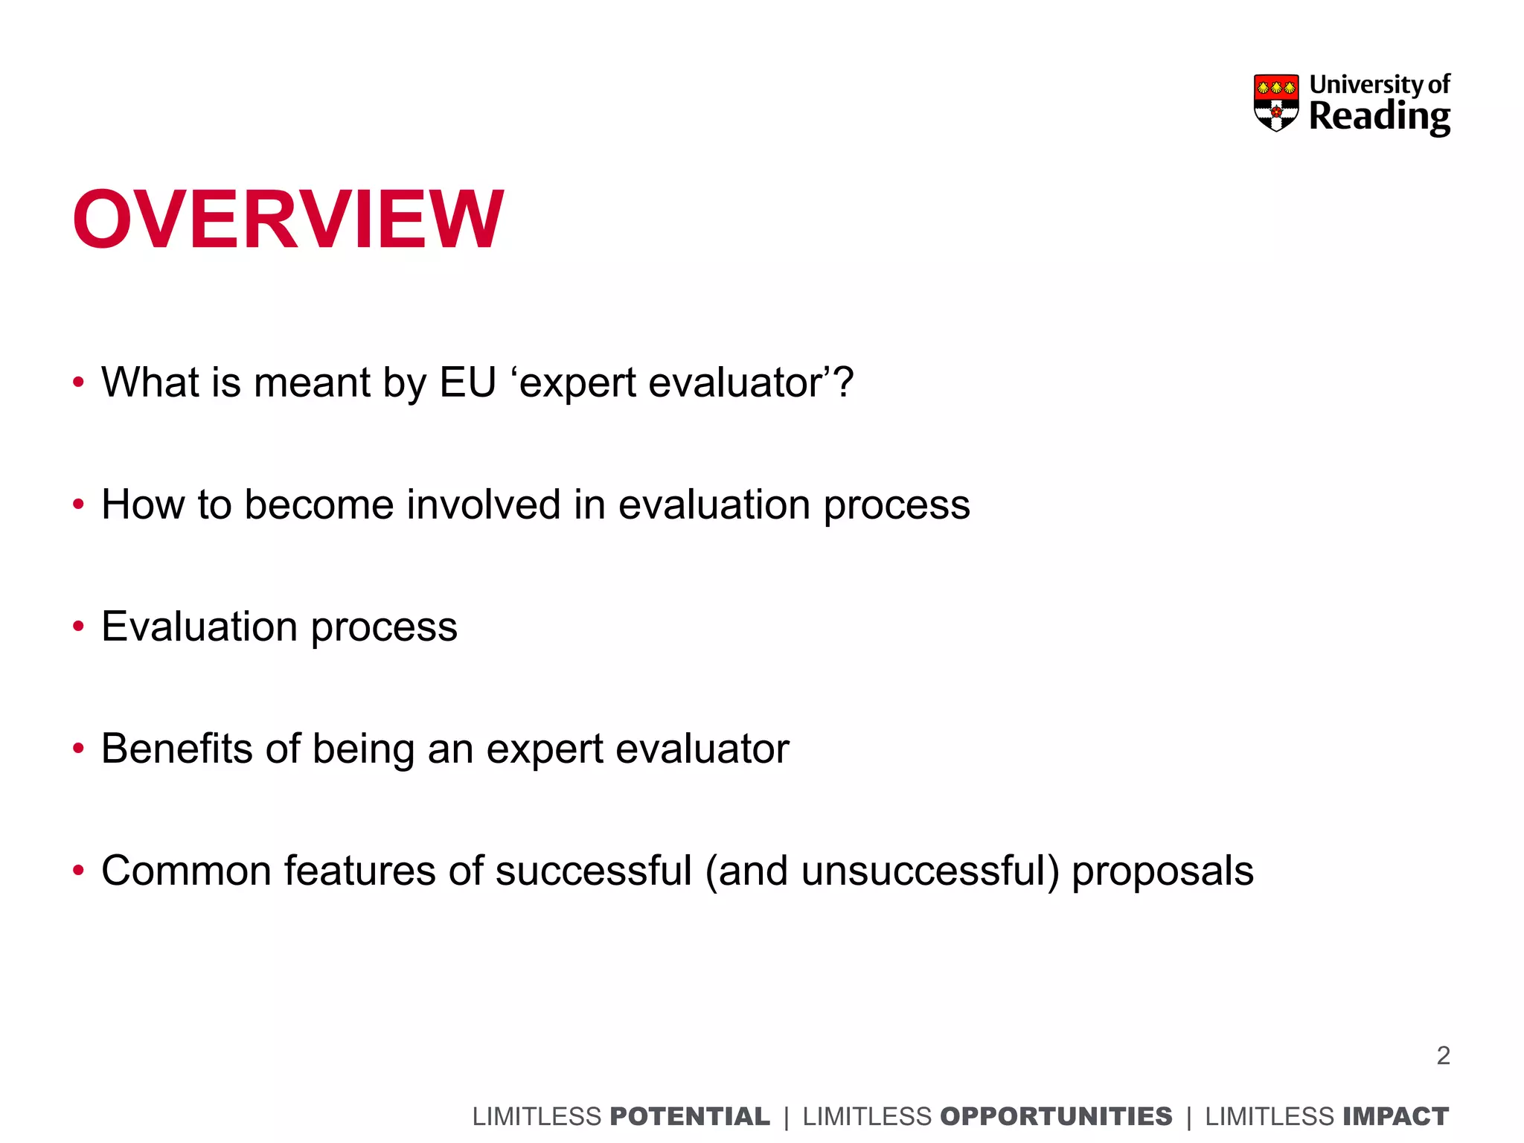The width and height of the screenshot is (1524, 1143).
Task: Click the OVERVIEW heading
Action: (x=288, y=220)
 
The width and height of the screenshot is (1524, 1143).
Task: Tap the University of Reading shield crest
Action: (x=1275, y=103)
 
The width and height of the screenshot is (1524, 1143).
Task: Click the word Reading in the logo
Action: (x=1379, y=117)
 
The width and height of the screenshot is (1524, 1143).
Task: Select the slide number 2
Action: (x=1443, y=1055)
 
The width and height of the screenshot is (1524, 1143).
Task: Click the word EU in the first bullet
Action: (x=467, y=382)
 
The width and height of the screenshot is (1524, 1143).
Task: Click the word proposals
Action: (x=1162, y=872)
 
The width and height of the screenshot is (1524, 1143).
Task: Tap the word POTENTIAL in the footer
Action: (x=689, y=1116)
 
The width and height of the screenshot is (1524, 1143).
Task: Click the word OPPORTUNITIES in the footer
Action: (x=1056, y=1116)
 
